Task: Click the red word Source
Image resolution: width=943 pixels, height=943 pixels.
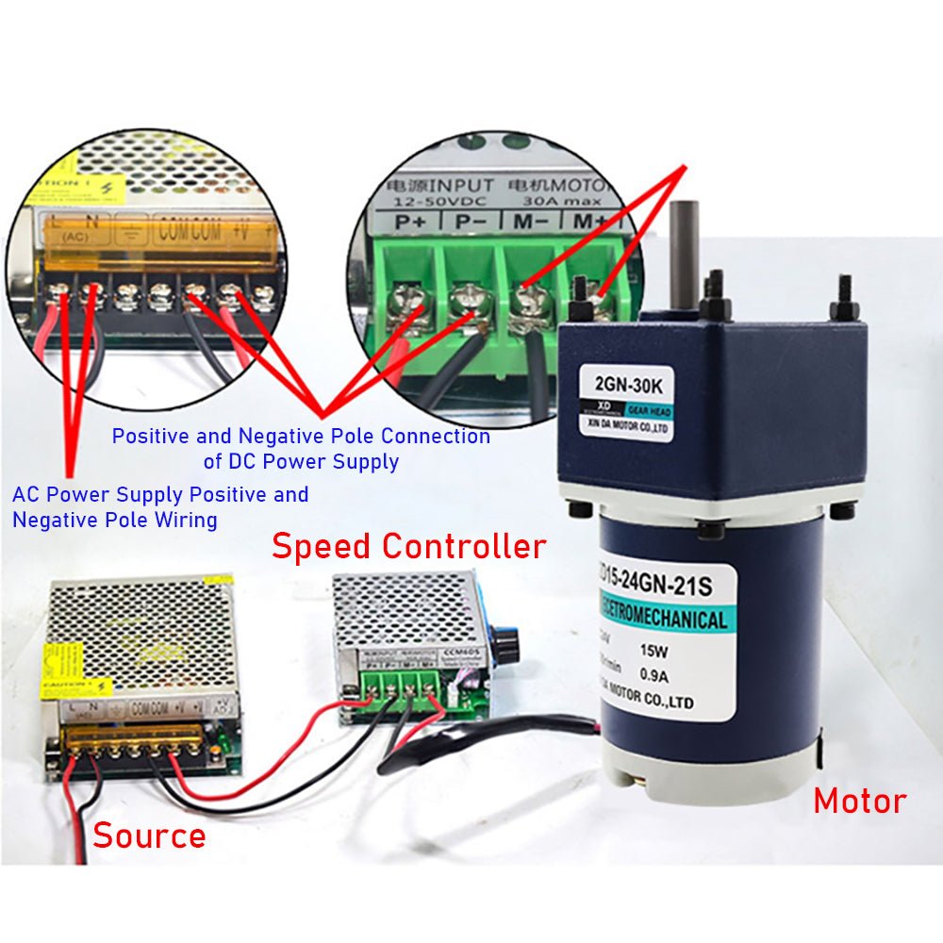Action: pos(149,835)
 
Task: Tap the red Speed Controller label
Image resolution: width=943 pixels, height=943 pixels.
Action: pos(408,547)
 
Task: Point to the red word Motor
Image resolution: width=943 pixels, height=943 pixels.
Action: pos(859,802)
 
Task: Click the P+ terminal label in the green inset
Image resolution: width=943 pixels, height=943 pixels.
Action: pos(412,223)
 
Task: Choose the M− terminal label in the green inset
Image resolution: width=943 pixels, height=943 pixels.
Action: pos(529,223)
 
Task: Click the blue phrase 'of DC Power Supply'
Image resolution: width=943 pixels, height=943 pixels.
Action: pos(301,462)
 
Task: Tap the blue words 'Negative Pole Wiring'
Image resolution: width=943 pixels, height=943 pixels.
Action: pos(114,520)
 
